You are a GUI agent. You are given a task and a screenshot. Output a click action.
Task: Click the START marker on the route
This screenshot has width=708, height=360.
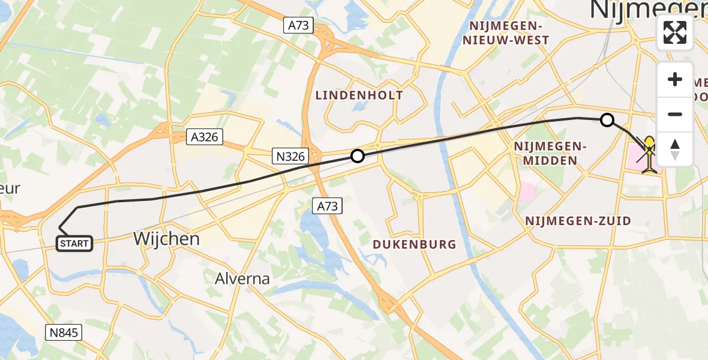coord(74,243)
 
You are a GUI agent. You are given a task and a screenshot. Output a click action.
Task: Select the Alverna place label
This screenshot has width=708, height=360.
coord(242,278)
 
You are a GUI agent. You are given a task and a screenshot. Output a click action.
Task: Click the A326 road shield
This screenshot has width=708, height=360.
coord(204,137)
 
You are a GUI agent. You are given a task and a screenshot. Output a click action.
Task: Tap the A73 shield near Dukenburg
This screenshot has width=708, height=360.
coord(328,207)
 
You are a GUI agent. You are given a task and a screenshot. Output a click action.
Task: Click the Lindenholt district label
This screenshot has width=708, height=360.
coord(359,95)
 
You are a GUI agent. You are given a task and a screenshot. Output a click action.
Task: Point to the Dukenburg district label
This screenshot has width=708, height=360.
coord(414,244)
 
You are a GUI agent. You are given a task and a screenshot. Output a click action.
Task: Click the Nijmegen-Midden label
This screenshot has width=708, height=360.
coord(550,153)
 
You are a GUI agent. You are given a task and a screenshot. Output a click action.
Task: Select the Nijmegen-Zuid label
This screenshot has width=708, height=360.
coord(578,221)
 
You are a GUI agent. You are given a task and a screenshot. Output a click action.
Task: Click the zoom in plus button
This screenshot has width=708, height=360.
coord(675,80)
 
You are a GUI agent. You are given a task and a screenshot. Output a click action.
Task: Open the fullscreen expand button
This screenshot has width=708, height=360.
coord(675,32)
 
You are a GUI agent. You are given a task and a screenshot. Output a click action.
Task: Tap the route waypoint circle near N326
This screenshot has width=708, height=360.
coord(358,157)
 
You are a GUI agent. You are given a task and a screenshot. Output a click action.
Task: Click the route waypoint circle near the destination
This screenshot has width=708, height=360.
coord(607,120)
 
